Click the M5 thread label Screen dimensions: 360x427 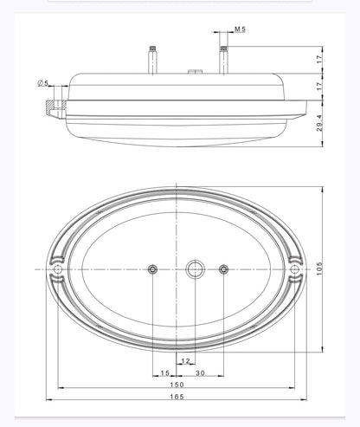240,29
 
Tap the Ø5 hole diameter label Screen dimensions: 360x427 42,83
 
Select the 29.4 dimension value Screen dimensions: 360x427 319,123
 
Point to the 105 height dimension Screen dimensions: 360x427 319,268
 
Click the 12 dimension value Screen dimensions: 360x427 185,361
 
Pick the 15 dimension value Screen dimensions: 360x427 164,373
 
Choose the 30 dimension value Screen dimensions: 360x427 200,373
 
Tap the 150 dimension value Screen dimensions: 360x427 177,385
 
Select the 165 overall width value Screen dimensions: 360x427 177,397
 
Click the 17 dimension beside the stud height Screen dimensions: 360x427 319,60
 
